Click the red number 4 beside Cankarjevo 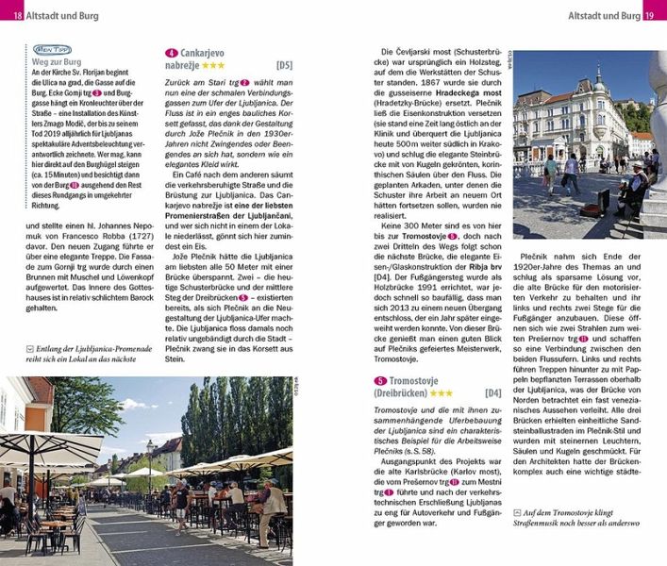click(171, 53)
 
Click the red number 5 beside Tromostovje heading click(379, 380)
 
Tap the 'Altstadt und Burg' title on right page click(603, 11)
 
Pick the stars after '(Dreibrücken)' click(438, 393)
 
